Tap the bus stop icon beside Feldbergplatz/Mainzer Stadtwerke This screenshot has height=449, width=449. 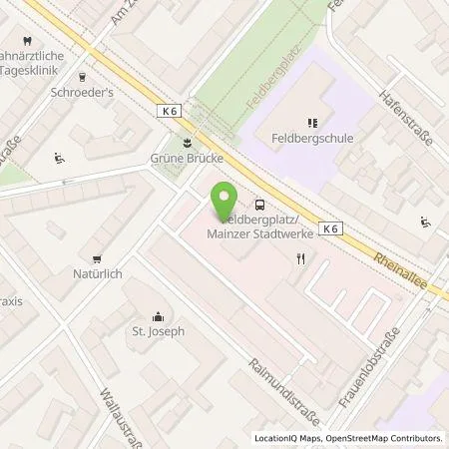pyautogui.click(x=260, y=202)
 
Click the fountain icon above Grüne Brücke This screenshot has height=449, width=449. pyautogui.click(x=184, y=141)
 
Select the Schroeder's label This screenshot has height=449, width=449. pyautogui.click(x=54, y=88)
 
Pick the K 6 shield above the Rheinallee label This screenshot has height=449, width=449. pyautogui.click(x=331, y=227)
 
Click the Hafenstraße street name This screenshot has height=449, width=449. pyautogui.click(x=403, y=117)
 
